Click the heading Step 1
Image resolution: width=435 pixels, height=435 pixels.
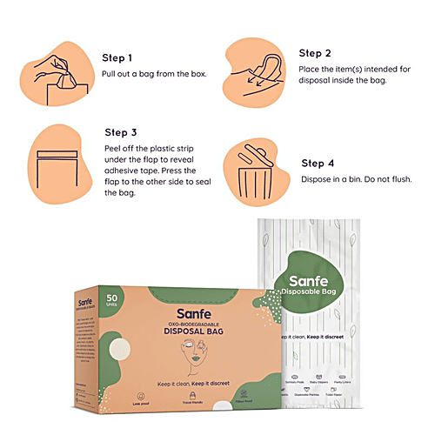click(118, 58)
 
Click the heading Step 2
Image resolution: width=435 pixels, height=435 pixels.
click(316, 52)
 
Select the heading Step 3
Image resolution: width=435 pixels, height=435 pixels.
click(122, 132)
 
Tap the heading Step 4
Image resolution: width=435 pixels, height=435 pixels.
click(318, 163)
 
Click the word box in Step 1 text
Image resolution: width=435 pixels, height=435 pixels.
click(198, 74)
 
